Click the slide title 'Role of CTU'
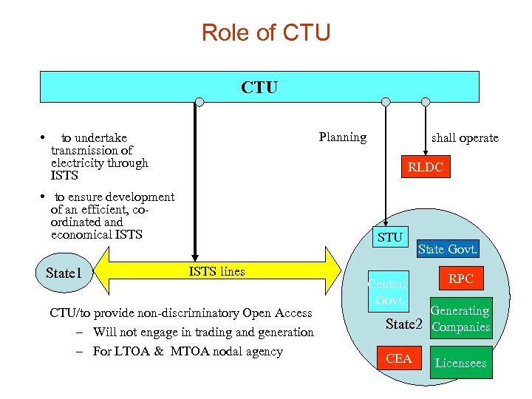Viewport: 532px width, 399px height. pos(266,33)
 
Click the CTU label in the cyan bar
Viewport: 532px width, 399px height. pos(259,87)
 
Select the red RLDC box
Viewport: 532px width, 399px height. pos(426,168)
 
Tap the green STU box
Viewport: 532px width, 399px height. pos(389,237)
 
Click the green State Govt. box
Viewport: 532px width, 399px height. pos(447,250)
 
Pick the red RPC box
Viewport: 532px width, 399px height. pos(460,279)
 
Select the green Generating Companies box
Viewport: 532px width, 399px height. pos(460,319)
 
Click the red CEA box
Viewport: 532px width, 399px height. pos(399,358)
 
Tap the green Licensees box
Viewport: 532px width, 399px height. pos(460,363)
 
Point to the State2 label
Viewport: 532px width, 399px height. pos(404,324)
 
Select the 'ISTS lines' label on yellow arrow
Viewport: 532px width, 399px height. pos(216,271)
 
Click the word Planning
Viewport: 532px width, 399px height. pos(342,137)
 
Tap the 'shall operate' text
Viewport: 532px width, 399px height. pos(464,138)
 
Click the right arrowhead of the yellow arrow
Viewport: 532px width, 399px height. pos(341,271)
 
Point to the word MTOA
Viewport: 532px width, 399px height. pos(194,351)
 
